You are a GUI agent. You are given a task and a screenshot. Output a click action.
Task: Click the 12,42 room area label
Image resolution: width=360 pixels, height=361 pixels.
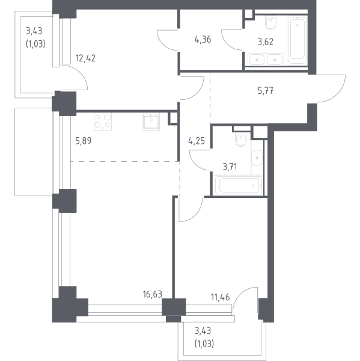[x=85, y=58]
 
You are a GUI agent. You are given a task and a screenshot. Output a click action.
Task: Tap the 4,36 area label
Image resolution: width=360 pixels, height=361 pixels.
[x=203, y=40]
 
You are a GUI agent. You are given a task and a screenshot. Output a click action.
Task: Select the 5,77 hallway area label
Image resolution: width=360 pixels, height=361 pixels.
[x=266, y=91]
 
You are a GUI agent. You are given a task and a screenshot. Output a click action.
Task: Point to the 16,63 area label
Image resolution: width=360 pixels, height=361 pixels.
[x=152, y=294]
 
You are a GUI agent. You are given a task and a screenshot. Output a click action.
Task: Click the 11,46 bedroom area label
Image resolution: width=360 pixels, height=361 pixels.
[x=220, y=297]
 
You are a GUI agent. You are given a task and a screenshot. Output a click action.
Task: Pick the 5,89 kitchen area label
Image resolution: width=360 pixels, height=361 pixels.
[x=84, y=140]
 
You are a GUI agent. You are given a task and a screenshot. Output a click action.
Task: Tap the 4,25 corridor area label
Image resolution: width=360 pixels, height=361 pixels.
[x=197, y=141]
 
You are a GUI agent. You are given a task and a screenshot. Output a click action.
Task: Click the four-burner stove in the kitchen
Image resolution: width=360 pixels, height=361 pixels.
[x=103, y=122]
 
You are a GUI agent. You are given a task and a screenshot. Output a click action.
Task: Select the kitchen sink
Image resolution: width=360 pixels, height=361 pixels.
[x=151, y=122]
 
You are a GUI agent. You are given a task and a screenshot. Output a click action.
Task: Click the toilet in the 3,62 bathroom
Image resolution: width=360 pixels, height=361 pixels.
[x=270, y=23]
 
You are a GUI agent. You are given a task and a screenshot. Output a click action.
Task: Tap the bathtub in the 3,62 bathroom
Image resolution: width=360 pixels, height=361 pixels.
[x=297, y=40]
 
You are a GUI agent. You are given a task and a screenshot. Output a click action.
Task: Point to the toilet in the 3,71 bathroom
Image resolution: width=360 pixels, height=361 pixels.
[x=241, y=140]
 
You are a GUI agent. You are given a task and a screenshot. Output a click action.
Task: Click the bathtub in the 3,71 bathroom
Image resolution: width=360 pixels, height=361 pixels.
[x=239, y=185]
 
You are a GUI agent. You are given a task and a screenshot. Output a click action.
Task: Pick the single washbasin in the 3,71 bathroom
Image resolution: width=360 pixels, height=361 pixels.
[x=257, y=158]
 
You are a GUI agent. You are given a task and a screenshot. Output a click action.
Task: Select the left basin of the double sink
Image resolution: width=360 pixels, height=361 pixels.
[x=257, y=60]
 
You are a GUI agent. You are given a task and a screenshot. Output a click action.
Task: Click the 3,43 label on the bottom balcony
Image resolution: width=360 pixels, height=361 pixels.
[x=203, y=331]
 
